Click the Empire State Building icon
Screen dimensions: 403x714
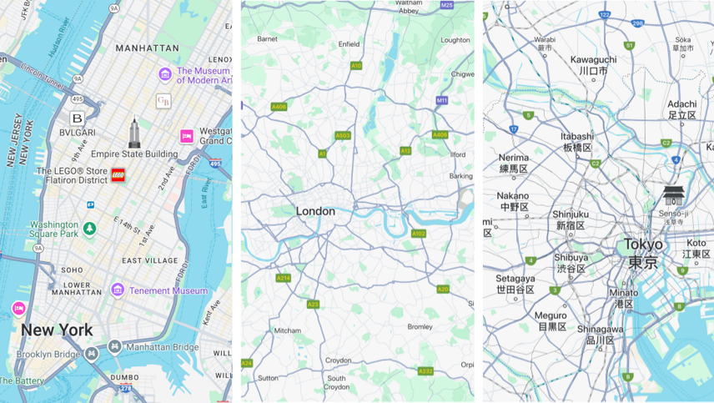[x=134, y=133]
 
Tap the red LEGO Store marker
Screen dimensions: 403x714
[x=118, y=174]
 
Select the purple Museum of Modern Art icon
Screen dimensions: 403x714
[x=165, y=75]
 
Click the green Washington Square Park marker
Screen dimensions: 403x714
[x=89, y=228]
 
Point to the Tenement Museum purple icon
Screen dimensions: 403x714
[x=118, y=290]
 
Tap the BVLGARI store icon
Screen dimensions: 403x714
[x=77, y=118]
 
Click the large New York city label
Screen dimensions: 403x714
[x=57, y=330]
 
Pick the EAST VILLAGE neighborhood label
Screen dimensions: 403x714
[x=149, y=260]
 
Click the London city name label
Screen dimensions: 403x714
[x=315, y=212]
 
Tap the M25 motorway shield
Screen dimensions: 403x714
[x=446, y=5]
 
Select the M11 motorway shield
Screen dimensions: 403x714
[x=441, y=100]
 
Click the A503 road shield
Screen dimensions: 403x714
[x=342, y=135]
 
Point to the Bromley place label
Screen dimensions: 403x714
[x=420, y=327]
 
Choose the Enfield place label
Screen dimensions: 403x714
[x=349, y=44]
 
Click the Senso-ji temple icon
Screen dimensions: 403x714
[x=674, y=195]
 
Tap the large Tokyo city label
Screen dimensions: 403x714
[x=643, y=244]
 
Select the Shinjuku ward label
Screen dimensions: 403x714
[x=571, y=214]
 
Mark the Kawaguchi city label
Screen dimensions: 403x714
[x=593, y=59]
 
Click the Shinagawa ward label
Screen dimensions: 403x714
[x=600, y=329]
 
